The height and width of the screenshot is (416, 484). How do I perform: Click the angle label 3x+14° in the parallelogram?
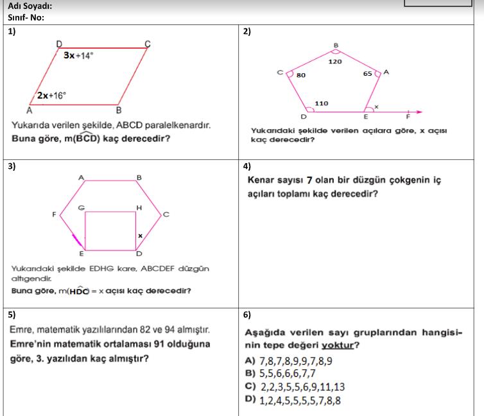78,55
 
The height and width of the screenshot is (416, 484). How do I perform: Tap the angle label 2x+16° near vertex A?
51,95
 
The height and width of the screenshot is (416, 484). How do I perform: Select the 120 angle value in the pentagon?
335,62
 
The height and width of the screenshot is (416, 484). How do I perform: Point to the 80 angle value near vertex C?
301,75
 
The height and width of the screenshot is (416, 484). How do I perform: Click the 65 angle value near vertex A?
367,74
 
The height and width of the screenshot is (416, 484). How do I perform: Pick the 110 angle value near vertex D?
322,103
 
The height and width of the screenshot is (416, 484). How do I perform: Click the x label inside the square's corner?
139,236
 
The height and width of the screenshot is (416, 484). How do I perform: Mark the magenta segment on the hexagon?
78,240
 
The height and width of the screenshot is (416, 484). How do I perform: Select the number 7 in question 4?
309,180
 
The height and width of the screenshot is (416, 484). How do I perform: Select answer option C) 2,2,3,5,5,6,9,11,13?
295,386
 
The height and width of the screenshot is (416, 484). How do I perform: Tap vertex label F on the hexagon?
54,214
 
